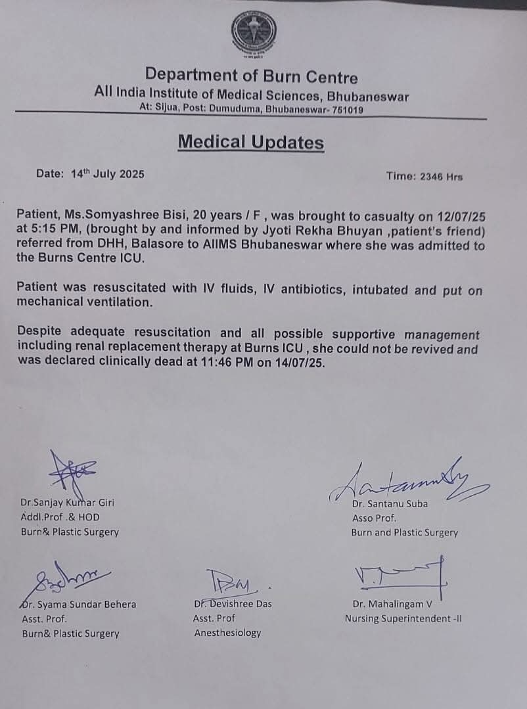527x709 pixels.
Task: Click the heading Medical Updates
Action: click(251, 142)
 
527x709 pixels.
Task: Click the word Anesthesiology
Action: click(227, 633)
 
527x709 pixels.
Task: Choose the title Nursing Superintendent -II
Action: click(403, 618)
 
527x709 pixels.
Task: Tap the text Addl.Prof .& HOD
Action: click(60, 517)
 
